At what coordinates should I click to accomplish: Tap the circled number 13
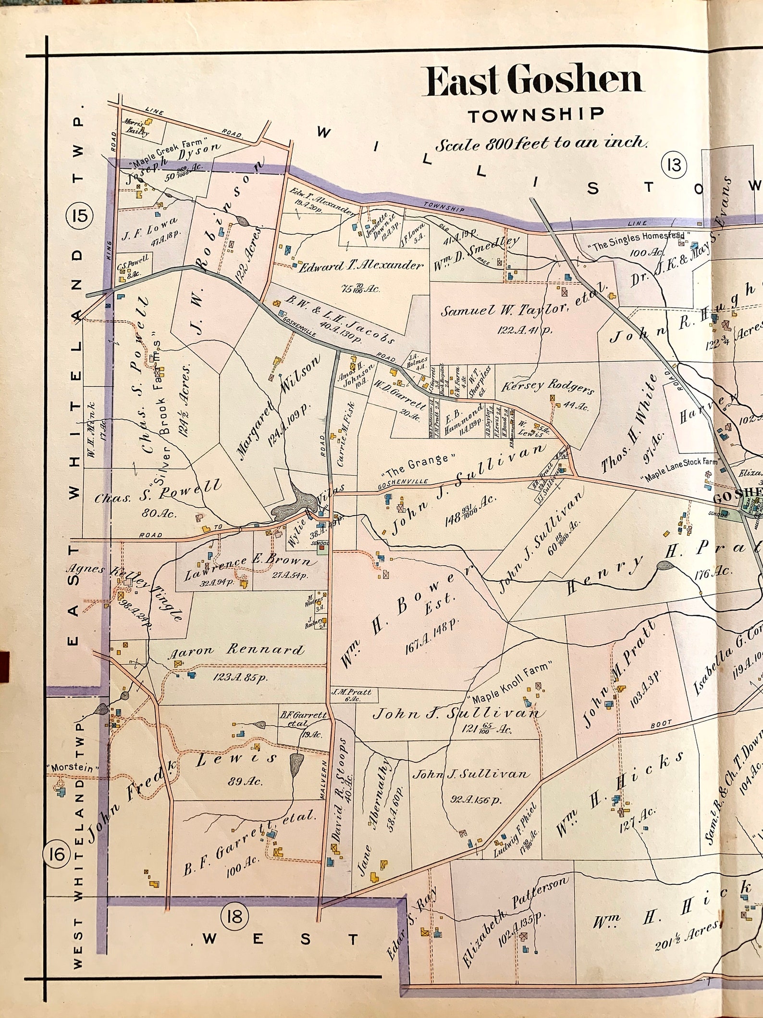click(674, 165)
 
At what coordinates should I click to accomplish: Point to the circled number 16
click(56, 855)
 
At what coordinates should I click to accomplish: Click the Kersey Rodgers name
click(548, 387)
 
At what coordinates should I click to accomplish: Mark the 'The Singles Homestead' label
click(639, 238)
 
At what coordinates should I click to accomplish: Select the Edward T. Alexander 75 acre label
click(361, 266)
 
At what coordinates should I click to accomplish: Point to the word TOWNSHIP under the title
click(535, 114)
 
